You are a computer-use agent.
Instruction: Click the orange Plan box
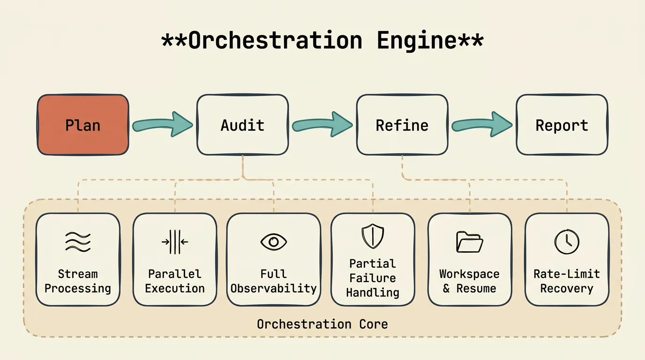pos(82,125)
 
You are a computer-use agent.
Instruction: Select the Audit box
pos(242,125)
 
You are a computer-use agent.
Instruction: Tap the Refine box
pos(402,125)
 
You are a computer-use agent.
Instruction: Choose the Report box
pos(562,125)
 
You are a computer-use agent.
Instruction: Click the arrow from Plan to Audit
pos(162,125)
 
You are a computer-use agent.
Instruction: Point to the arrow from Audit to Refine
pos(322,125)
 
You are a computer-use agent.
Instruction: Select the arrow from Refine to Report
pos(482,125)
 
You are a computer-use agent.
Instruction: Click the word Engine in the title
pos(416,41)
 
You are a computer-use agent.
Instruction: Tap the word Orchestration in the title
pos(275,40)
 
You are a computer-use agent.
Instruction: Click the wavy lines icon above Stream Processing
pos(78,242)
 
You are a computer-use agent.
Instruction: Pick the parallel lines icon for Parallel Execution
pos(175,242)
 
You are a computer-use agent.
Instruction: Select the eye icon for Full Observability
pos(273,242)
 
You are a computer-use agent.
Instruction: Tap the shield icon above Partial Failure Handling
pos(373,236)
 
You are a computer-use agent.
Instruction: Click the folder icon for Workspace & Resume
pos(469,242)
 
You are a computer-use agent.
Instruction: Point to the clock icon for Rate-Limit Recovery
pos(567,242)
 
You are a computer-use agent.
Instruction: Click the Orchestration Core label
pos(322,324)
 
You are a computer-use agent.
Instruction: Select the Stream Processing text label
pos(78,281)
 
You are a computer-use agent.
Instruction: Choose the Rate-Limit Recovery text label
pos(567,281)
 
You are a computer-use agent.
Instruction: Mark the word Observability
pos(273,288)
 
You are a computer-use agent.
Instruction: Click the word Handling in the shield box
pos(373,292)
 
